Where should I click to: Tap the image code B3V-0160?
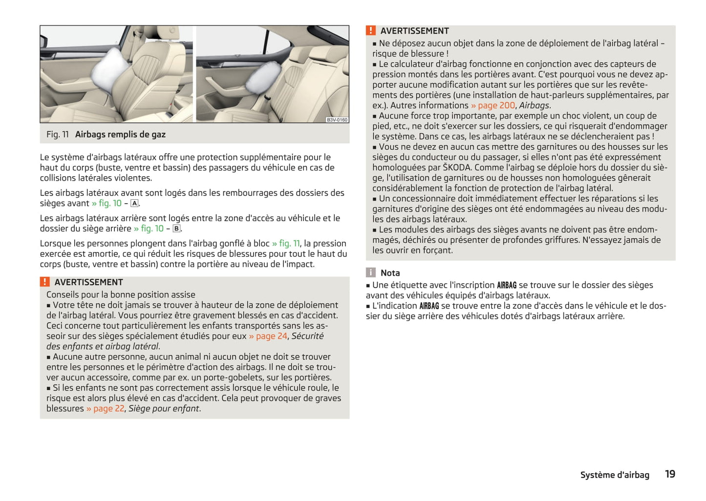coord(337,120)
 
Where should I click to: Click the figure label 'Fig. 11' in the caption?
coord(58,135)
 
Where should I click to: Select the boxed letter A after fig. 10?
coord(134,204)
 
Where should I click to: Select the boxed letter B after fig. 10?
coord(176,229)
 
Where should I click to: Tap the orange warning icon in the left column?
coord(45,282)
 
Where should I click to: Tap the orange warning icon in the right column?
coord(371,31)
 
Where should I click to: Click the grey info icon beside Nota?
coord(371,273)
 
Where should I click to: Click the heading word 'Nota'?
coord(390,273)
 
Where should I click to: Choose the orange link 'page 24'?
coord(268,336)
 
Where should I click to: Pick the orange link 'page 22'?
coord(106,409)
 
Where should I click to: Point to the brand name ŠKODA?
coord(457,167)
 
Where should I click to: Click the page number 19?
coord(670,474)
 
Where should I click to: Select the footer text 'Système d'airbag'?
coord(615,475)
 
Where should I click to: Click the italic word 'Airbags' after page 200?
coord(535,105)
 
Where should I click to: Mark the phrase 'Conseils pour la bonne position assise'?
coord(121,295)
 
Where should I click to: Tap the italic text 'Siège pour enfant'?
coord(164,409)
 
